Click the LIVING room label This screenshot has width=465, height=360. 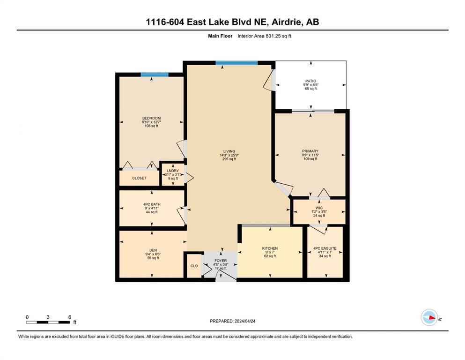[229, 151]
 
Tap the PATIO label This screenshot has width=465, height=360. [311, 81]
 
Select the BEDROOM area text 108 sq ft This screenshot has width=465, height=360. [152, 126]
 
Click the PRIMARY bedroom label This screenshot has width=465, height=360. [310, 151]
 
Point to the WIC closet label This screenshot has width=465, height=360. [319, 208]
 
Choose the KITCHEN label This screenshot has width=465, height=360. [270, 248]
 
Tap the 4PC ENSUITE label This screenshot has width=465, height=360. [325, 248]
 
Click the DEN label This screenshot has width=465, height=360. [153, 250]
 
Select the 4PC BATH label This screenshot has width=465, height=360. [152, 204]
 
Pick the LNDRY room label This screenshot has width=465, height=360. [173, 171]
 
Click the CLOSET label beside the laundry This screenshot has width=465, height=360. [139, 178]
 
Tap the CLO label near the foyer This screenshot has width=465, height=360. [194, 266]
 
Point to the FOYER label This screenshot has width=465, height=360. [221, 261]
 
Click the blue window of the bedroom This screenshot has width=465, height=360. [155, 75]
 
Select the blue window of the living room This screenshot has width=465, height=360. [236, 63]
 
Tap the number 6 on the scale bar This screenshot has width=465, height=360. [70, 317]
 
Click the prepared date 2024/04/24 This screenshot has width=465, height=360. [244, 321]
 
